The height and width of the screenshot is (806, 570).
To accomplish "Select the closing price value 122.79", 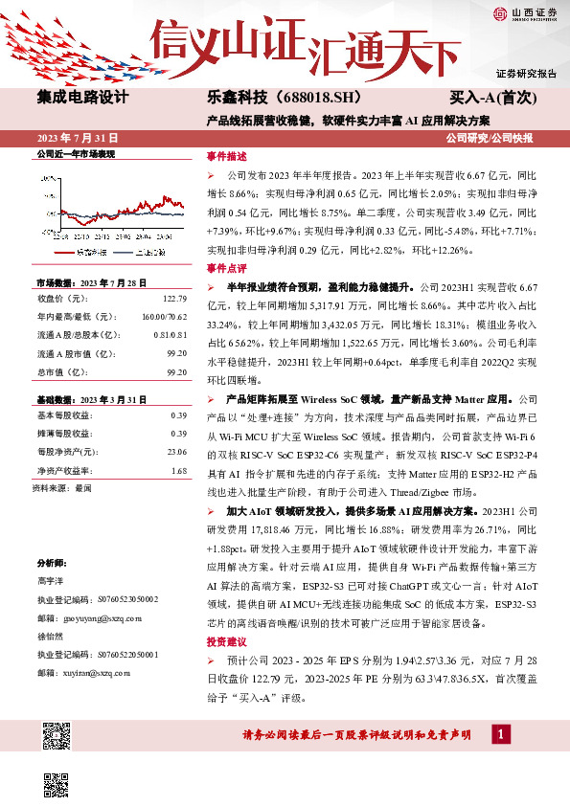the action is click(174, 300).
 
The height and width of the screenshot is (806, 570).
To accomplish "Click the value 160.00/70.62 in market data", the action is click(167, 315).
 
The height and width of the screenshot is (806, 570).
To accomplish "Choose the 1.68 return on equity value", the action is click(178, 470).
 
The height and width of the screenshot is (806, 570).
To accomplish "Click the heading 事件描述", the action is click(226, 156).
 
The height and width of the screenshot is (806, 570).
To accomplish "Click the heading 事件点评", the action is click(226, 269).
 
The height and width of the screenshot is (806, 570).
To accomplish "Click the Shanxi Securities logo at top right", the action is click(525, 13).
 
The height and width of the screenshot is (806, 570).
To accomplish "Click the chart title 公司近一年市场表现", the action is click(76, 153).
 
